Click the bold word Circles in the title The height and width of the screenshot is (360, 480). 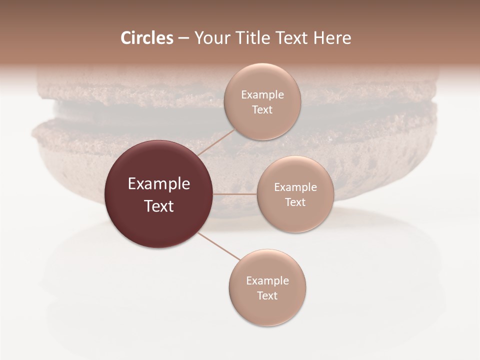tap(146, 38)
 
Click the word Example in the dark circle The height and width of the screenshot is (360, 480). tap(159, 184)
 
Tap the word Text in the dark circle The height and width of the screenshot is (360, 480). tap(159, 206)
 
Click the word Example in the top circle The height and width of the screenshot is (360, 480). tap(262, 95)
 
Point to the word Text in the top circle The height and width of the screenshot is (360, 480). tap(262, 110)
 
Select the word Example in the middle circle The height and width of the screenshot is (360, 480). tap(295, 187)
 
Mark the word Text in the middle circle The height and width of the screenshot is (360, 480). tap(295, 202)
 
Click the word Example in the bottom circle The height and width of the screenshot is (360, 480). tap(267, 281)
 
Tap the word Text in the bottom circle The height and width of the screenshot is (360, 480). tap(267, 296)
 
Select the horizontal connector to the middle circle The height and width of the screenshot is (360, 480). tap(235, 194)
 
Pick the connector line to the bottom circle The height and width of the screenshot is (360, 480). tap(219, 246)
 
